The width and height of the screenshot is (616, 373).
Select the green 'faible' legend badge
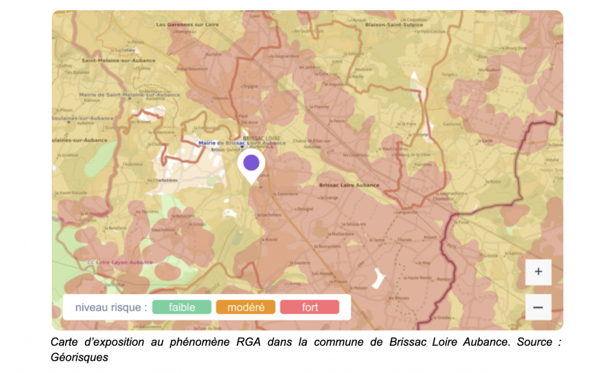point(182,307)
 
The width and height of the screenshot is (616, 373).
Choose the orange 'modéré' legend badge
point(245,307)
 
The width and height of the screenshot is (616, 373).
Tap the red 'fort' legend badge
point(310,307)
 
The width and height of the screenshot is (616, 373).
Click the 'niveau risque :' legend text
point(111,307)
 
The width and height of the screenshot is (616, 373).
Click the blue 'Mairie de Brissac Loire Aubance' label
point(242,143)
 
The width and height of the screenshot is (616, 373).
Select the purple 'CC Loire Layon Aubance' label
point(120,262)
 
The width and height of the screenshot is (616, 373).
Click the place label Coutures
point(451,125)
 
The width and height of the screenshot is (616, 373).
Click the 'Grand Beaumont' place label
point(171,69)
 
